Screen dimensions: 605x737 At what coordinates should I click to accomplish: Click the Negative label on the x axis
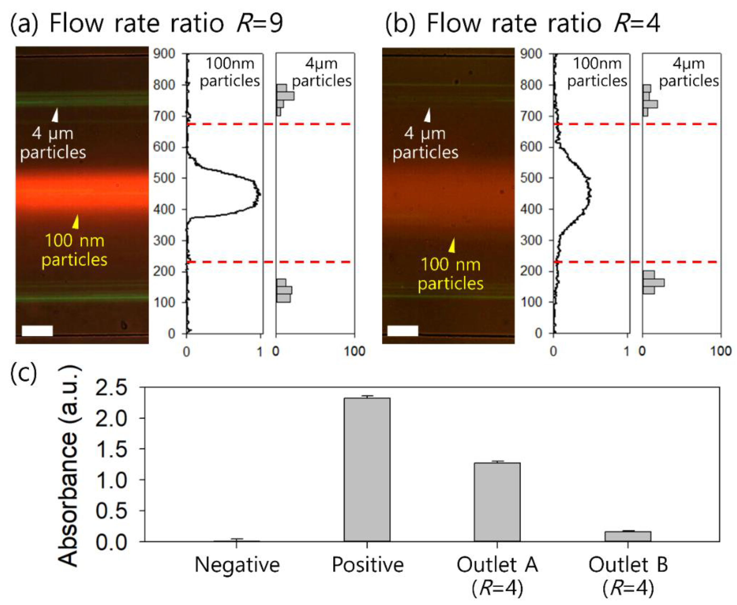237,565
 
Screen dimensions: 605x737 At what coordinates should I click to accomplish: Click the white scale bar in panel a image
37,331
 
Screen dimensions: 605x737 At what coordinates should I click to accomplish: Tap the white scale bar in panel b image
403,331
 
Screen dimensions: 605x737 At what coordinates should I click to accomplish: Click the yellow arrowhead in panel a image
76,222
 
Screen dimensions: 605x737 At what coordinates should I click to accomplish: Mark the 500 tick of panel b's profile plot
531,178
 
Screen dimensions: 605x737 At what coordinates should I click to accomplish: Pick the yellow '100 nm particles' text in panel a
75,250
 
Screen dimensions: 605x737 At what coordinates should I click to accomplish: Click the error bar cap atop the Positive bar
367,396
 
